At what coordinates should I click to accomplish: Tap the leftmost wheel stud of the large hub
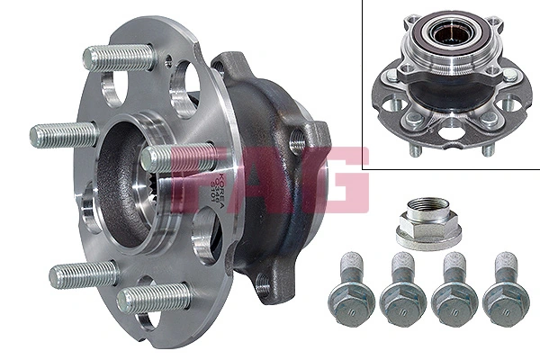click(63, 135)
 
